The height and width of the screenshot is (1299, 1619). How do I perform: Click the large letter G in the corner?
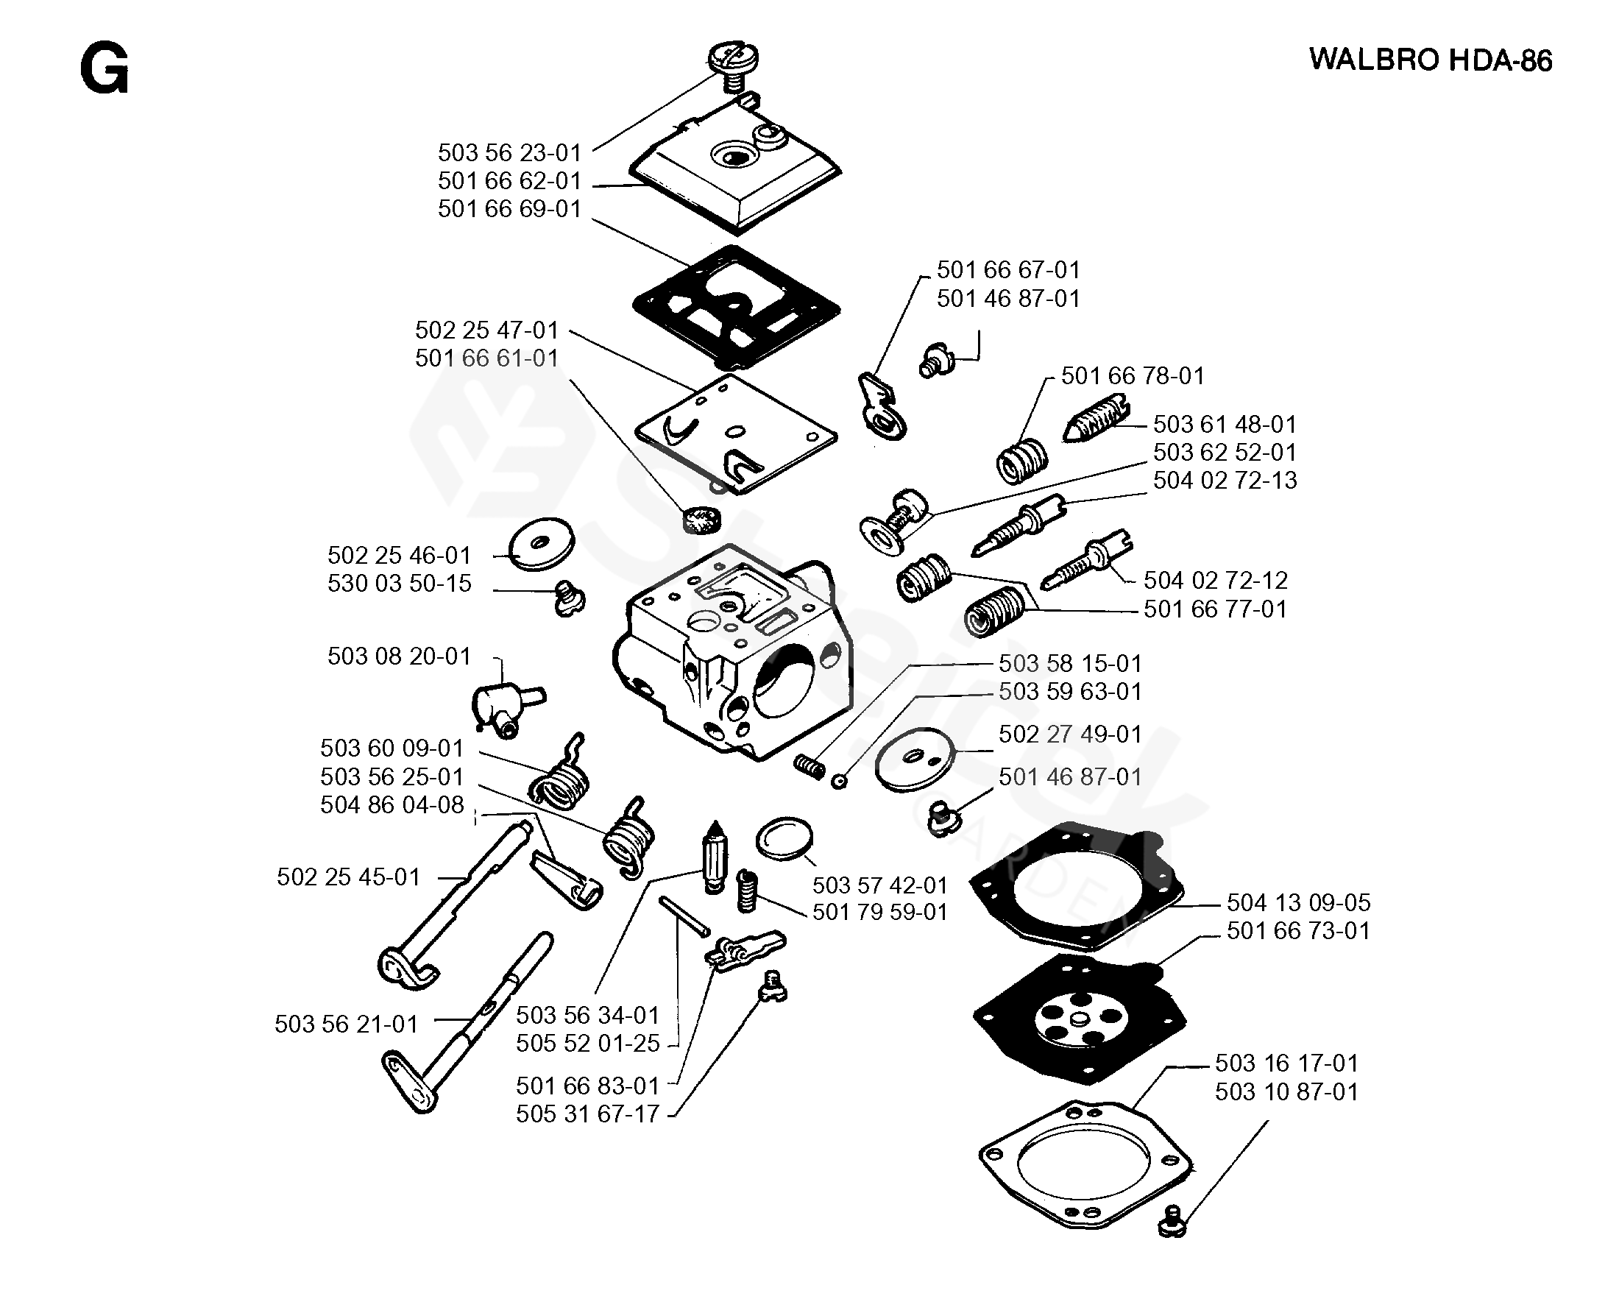(104, 68)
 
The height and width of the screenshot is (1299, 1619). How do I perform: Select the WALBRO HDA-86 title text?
(1430, 60)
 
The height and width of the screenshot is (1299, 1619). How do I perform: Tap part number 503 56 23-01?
(510, 153)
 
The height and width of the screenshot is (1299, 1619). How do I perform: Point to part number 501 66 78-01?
(1133, 376)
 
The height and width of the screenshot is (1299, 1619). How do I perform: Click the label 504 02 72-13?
(1225, 481)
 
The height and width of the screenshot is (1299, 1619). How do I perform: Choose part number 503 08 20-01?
(399, 656)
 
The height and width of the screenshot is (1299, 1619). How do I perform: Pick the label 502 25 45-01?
(348, 877)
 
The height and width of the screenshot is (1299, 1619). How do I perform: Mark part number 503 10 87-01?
(1286, 1091)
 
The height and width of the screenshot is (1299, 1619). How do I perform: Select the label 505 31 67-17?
(587, 1114)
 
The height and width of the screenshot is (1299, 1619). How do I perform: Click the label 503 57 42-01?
(880, 885)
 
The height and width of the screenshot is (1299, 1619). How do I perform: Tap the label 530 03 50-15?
(399, 584)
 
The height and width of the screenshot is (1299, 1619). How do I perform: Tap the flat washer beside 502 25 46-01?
(542, 544)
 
